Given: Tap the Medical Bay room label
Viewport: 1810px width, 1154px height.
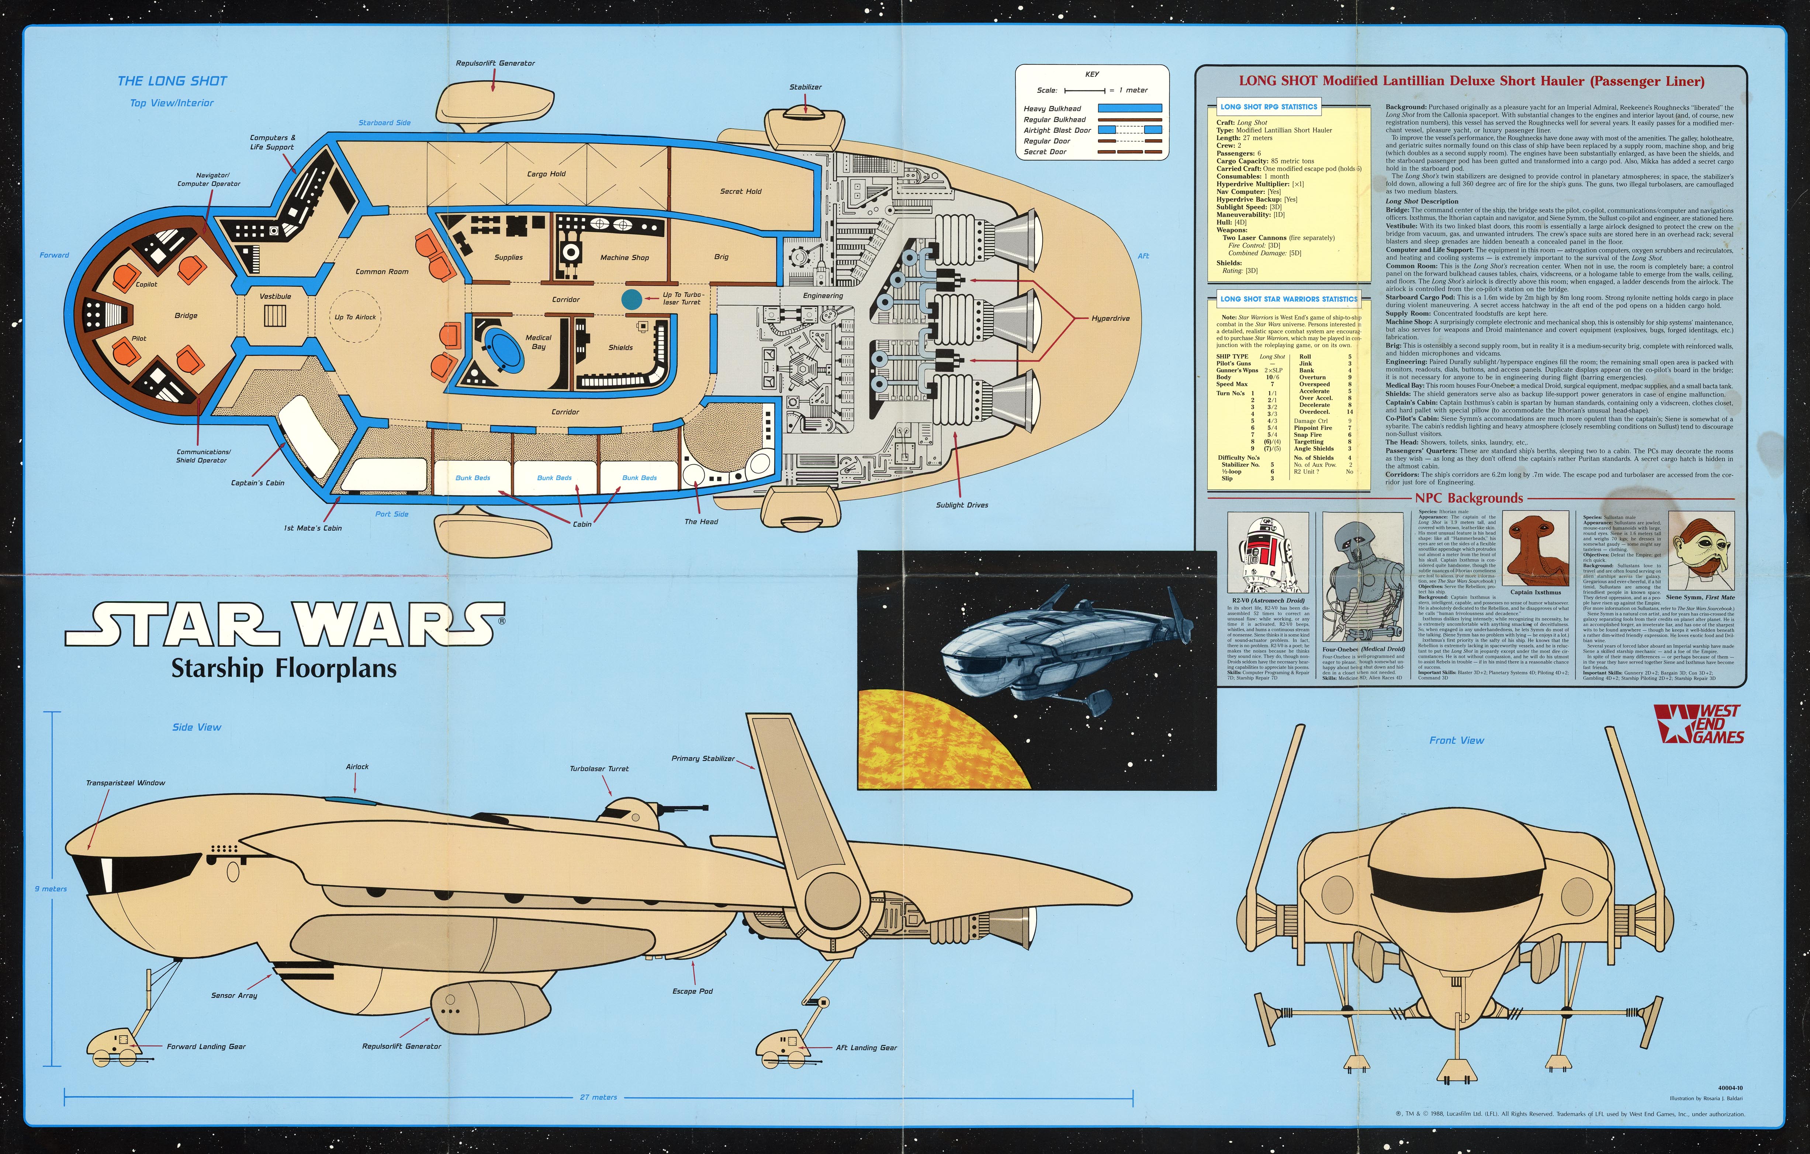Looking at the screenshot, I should coord(538,342).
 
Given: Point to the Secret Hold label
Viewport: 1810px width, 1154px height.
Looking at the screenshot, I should coord(740,192).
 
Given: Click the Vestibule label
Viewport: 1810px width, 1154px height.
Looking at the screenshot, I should coord(275,296).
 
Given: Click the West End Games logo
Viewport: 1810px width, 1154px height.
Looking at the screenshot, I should coord(1699,724).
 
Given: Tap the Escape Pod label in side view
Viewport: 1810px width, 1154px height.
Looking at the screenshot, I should coord(692,991).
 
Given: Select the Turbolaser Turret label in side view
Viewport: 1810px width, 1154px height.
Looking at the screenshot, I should coord(599,769).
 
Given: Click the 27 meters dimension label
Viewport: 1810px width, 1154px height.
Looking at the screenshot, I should coord(598,1097).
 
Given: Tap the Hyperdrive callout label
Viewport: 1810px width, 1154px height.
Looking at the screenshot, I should coord(1110,319).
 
